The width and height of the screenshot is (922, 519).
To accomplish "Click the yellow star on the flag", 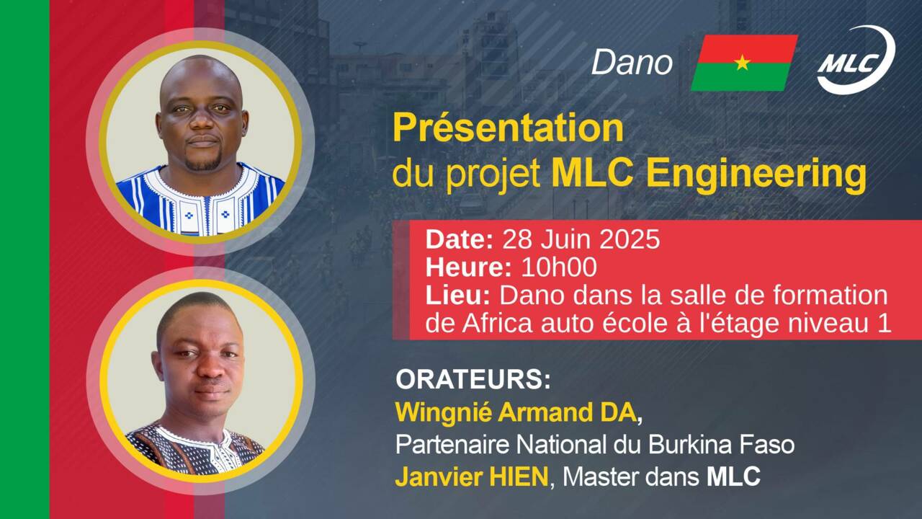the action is (x=742, y=63).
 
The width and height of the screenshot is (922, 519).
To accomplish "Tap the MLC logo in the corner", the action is (x=856, y=60).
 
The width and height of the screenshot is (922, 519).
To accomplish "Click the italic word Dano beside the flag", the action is (x=632, y=63).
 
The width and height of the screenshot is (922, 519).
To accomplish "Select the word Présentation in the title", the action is (x=509, y=128).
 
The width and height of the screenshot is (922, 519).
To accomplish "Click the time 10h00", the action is (x=559, y=267).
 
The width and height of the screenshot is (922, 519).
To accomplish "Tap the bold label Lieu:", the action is (x=457, y=296).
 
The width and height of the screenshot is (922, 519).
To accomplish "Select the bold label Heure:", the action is (x=469, y=267).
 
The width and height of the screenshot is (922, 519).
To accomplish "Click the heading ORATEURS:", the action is (x=473, y=379).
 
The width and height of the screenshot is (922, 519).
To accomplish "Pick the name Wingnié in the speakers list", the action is (x=444, y=413).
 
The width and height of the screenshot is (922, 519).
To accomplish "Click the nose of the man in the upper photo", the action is (x=202, y=120).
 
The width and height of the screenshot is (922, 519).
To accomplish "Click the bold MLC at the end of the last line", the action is (x=733, y=477).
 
